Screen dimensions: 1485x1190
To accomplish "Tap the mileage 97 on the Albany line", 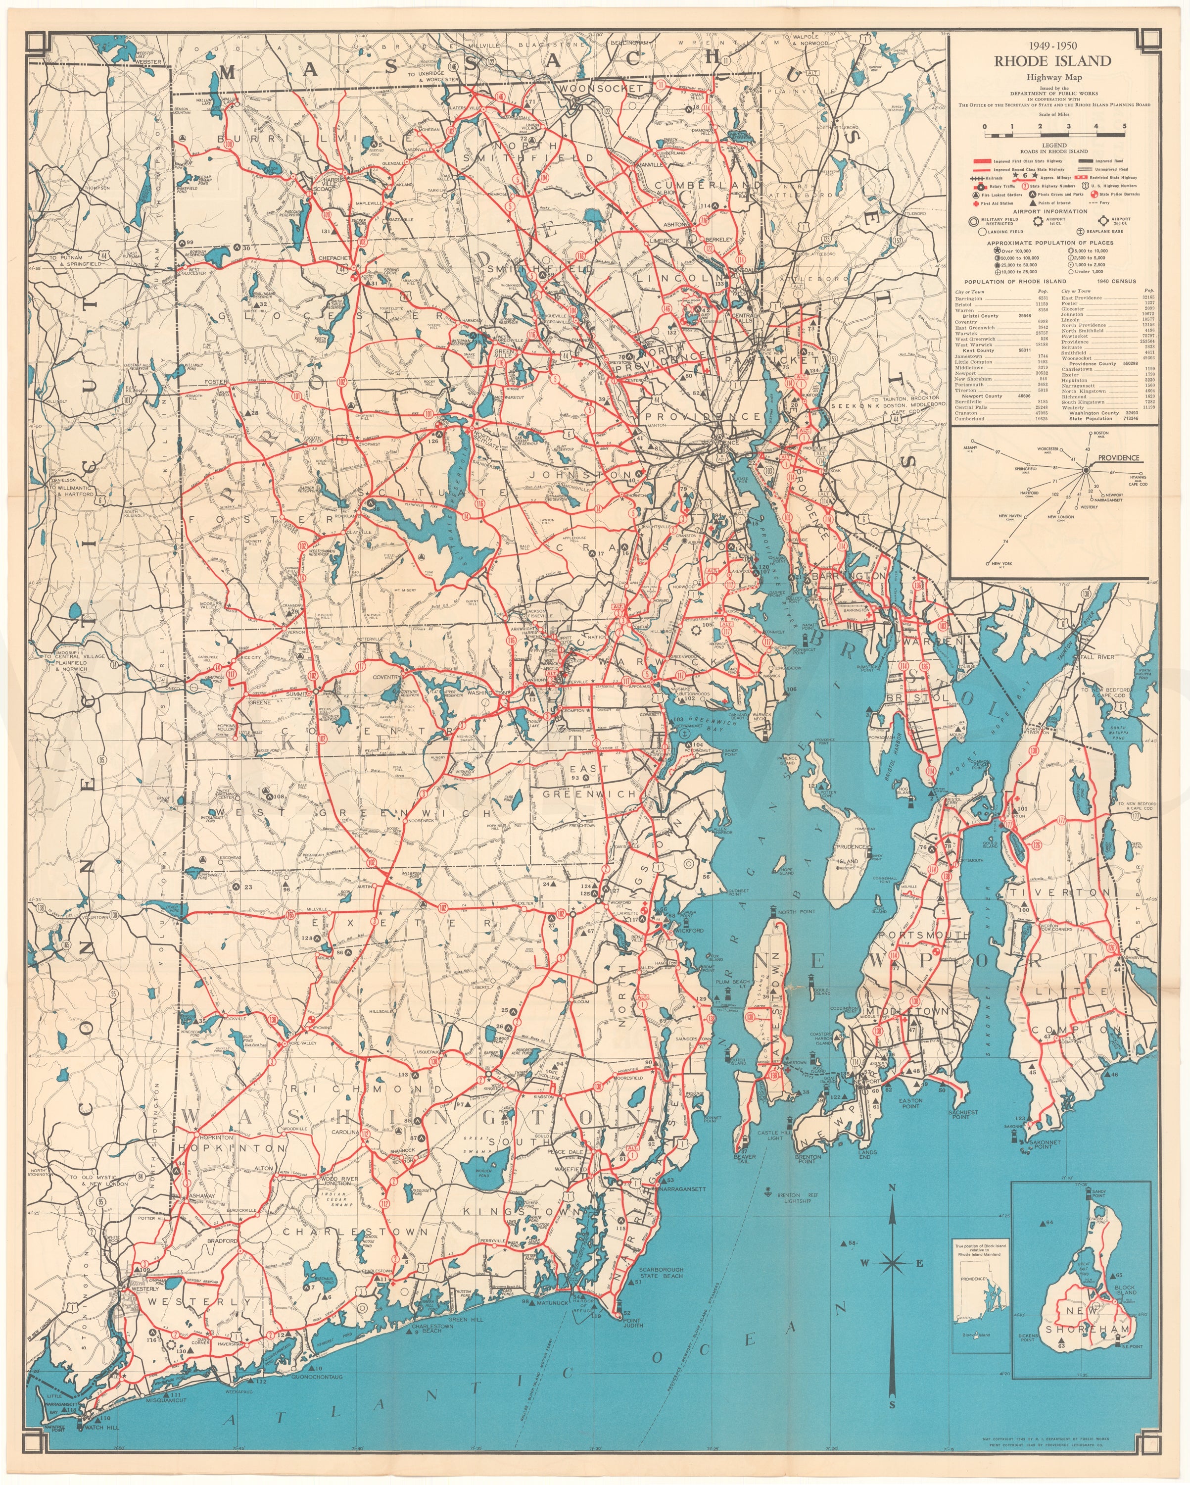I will [x=997, y=452].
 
